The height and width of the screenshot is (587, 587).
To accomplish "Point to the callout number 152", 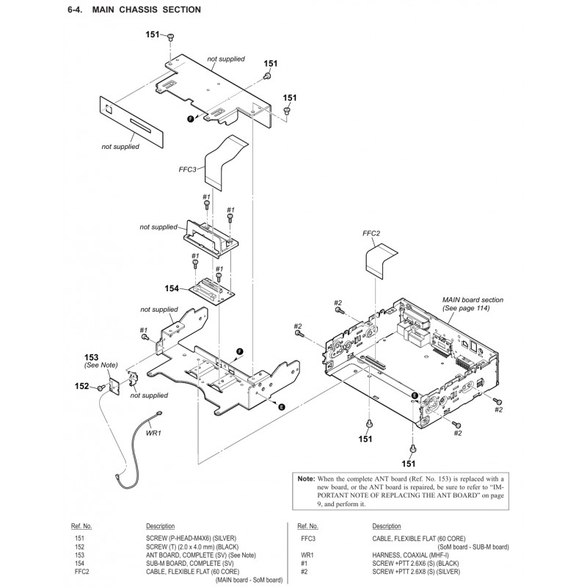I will point(81,386).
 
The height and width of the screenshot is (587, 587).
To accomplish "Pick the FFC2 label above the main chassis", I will point(371,233).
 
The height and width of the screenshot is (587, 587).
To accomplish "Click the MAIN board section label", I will point(473,300).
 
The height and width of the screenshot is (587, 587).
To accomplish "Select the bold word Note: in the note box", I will point(305,478).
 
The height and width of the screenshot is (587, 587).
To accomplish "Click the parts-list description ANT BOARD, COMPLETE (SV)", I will point(194,555).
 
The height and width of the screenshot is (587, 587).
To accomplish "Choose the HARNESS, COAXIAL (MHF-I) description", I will point(407,555).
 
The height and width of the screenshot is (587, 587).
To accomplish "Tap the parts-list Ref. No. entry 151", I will point(80,539).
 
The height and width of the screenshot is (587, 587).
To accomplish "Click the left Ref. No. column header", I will point(81,526).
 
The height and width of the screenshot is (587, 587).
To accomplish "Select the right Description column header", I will point(386,526).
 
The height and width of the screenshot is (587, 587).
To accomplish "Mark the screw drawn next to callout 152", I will point(100,387).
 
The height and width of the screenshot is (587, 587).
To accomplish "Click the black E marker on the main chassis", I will point(415,395).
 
